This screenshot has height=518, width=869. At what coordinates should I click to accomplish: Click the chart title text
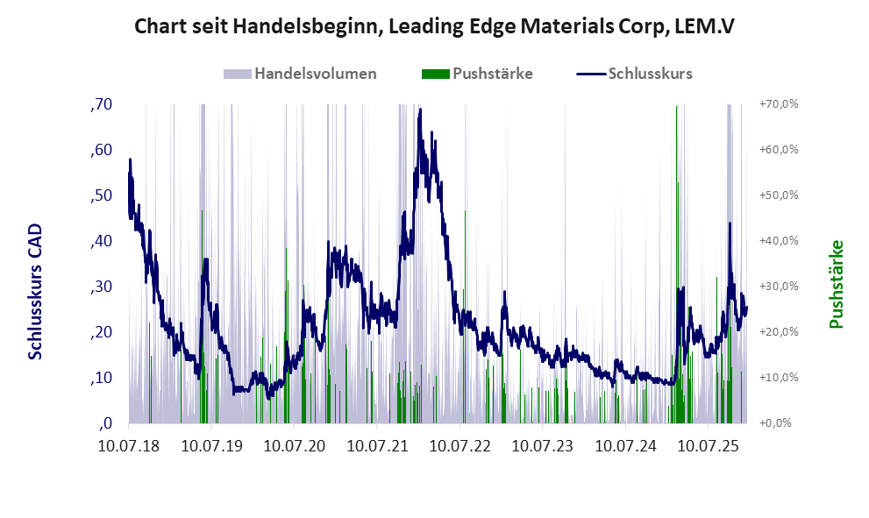point(434,26)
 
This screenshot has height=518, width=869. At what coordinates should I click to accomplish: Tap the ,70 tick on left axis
point(102,104)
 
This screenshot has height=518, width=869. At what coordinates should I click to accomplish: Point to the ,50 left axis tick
point(102,195)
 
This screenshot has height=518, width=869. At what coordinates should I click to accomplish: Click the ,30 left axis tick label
point(102,287)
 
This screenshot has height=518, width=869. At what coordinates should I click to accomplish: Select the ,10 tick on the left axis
point(102,378)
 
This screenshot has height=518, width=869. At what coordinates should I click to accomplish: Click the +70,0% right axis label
point(779,104)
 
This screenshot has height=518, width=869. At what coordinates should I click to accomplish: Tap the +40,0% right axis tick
point(779,241)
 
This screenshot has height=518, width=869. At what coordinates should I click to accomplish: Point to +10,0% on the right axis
point(779,378)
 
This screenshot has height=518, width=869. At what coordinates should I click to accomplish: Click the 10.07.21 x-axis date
point(377,446)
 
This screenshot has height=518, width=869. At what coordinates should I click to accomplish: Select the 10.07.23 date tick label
point(543,446)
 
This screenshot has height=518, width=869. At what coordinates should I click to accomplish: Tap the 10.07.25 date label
point(709,446)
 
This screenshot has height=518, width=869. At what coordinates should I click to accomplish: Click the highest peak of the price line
point(420,110)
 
